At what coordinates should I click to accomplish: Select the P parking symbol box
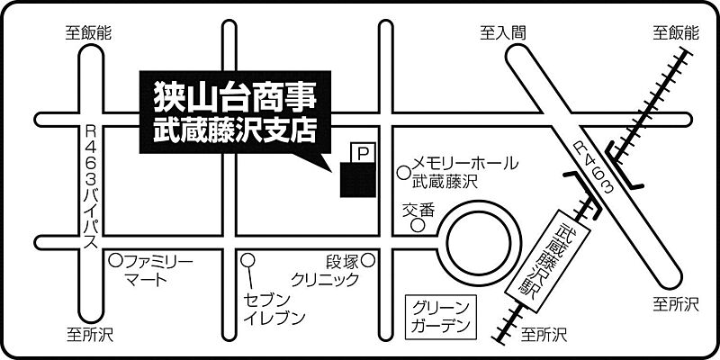pos(362,154)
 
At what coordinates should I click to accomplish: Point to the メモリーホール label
pos(464,164)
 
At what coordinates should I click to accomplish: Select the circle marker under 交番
pos(418,226)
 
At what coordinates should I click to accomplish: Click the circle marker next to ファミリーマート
pos(115,261)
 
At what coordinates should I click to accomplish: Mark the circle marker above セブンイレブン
pos(249,261)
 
